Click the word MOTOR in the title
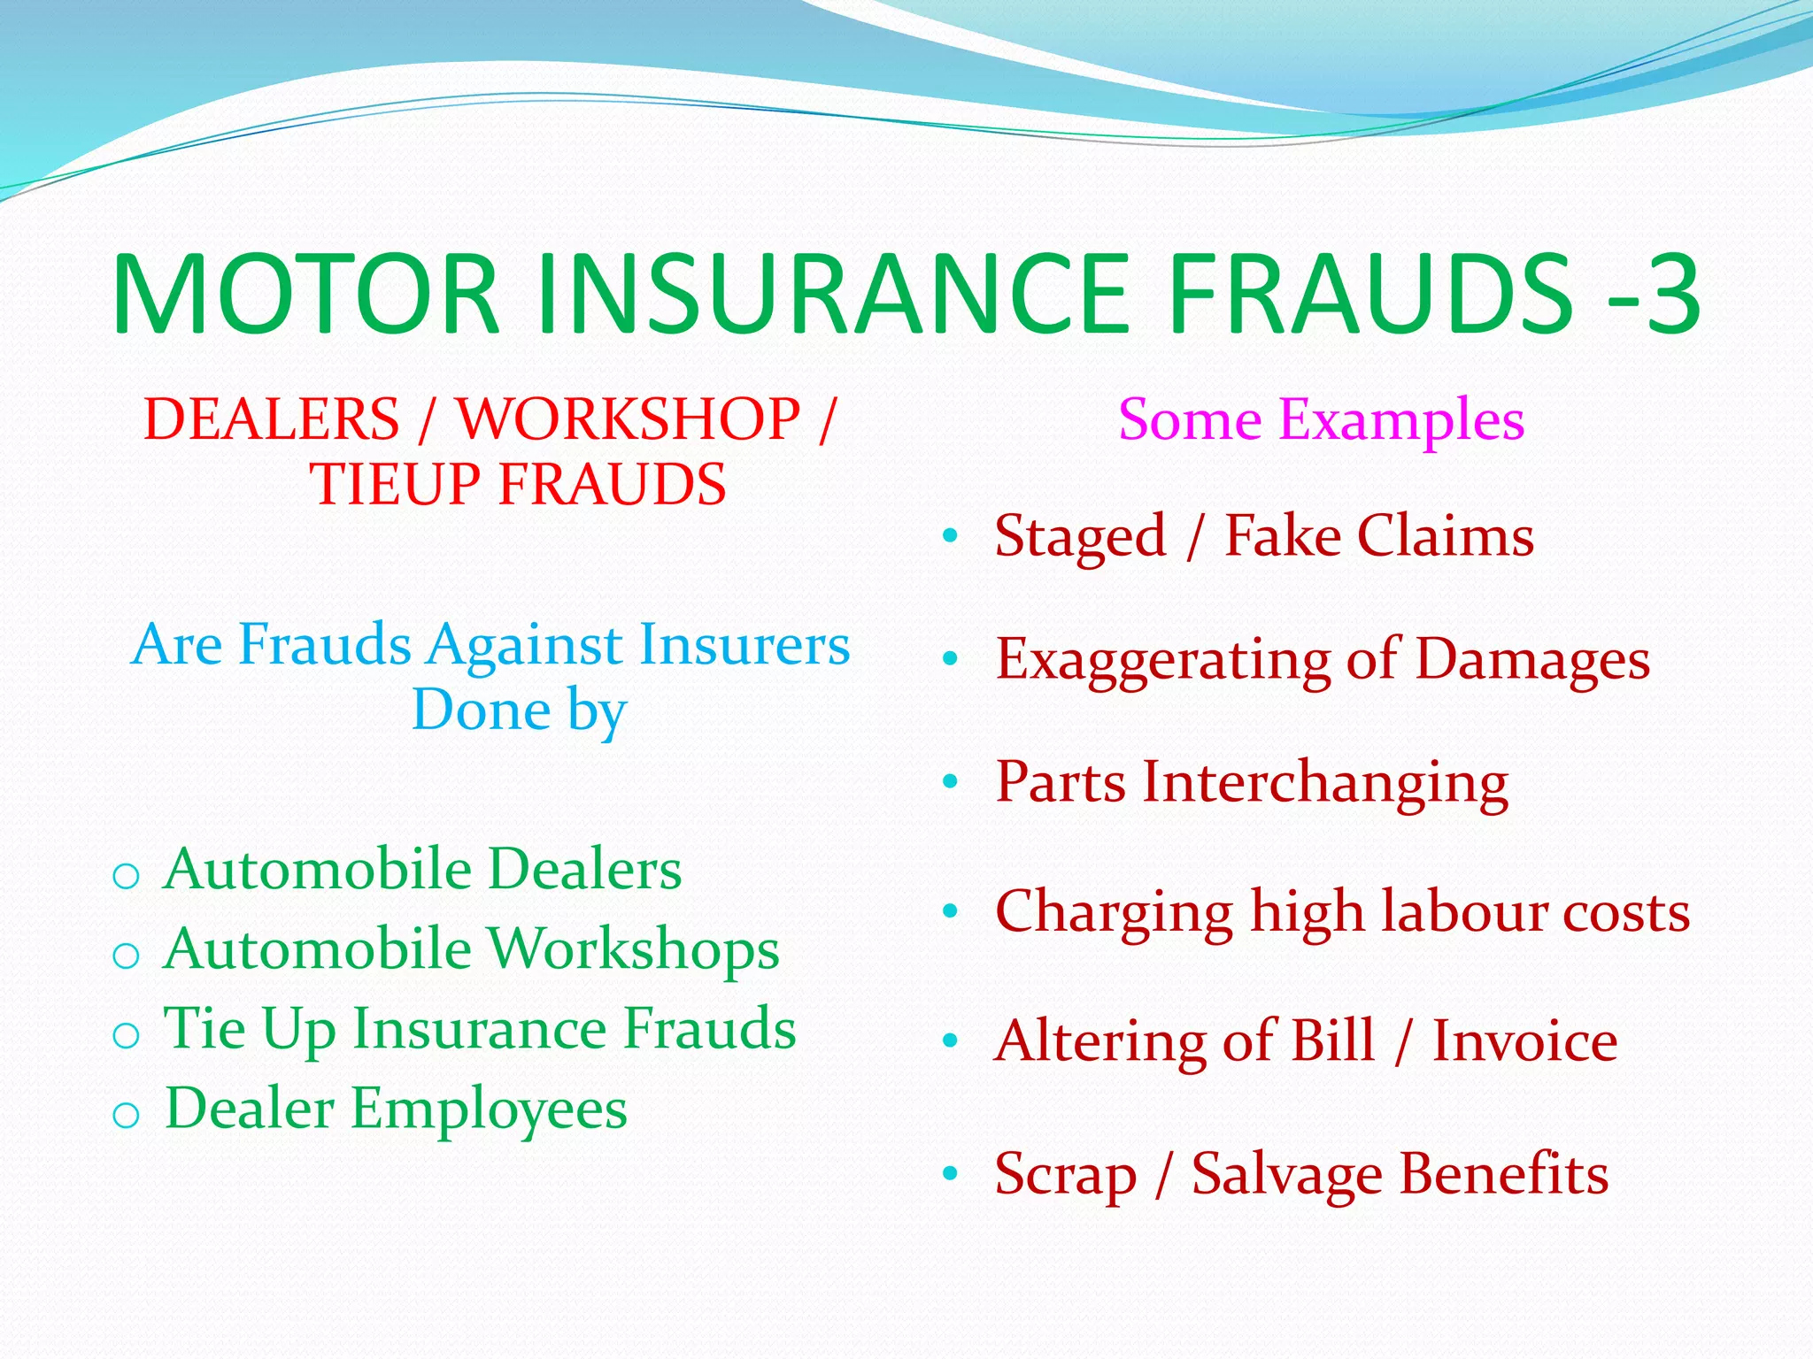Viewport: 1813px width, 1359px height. click(x=306, y=295)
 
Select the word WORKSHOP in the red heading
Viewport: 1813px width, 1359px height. click(x=628, y=418)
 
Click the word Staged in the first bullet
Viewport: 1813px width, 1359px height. click(x=1080, y=536)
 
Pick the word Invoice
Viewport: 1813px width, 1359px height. click(x=1524, y=1040)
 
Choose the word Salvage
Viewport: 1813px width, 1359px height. click(x=1286, y=1175)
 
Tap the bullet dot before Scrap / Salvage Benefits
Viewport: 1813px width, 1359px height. click(x=951, y=1174)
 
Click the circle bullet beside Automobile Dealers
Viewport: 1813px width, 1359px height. click(x=126, y=877)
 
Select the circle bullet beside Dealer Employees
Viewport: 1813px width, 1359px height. click(x=126, y=1116)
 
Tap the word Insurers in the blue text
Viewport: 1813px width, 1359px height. click(x=744, y=644)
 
